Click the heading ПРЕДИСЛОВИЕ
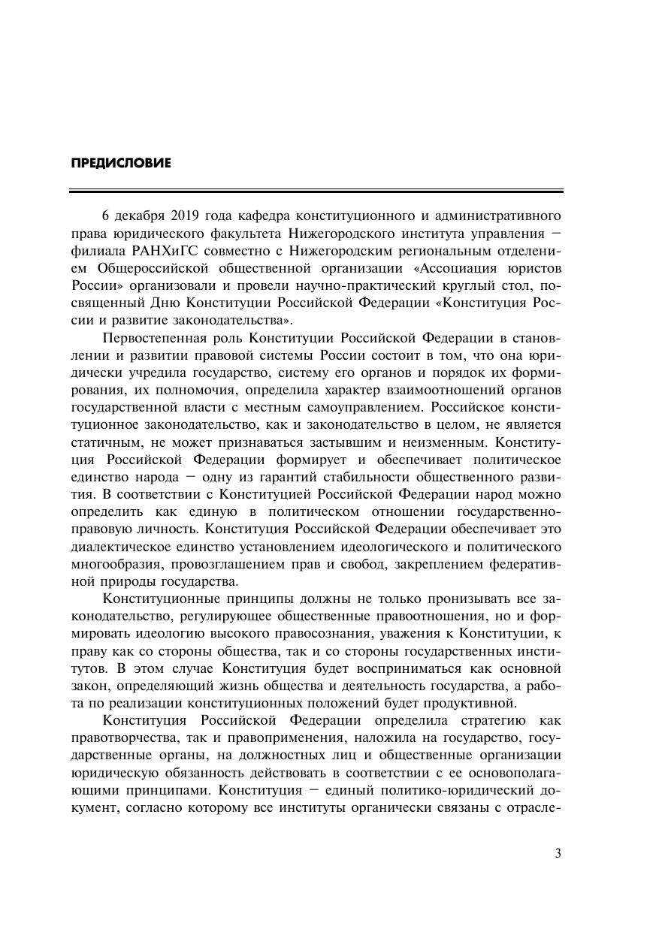click(120, 163)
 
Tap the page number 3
click(558, 852)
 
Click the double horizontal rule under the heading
click(316, 192)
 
